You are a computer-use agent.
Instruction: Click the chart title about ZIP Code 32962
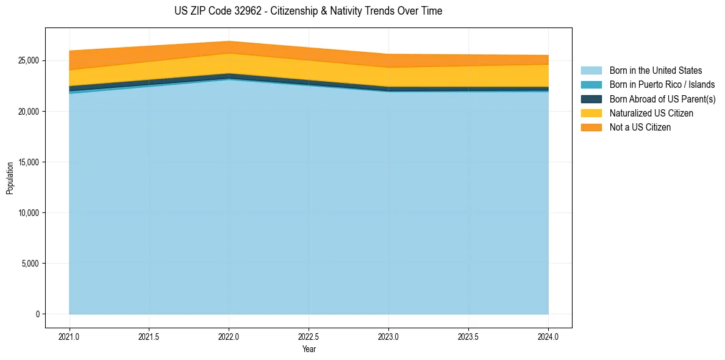pos(308,11)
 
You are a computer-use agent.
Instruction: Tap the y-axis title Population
pos(10,178)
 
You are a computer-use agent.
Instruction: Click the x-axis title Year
pos(309,349)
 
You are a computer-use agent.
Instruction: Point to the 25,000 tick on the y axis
pos(27,61)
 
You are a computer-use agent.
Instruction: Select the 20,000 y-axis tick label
pos(27,112)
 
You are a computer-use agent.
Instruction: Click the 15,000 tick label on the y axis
pos(27,162)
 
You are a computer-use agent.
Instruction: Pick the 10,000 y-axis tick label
pos(27,213)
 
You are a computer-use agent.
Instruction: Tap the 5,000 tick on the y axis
pos(29,264)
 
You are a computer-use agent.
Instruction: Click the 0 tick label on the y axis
pos(37,314)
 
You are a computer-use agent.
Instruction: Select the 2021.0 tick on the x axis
pos(70,336)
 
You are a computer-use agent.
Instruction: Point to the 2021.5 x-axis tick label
pos(149,336)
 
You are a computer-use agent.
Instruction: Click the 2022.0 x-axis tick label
pos(229,336)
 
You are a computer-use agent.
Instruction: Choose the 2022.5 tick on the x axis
pos(309,336)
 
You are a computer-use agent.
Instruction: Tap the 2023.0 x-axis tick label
pos(388,336)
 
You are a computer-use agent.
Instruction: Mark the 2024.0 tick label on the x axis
pos(548,336)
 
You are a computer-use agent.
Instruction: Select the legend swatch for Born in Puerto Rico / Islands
pos(591,85)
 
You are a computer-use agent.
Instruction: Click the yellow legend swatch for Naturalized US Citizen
pos(591,113)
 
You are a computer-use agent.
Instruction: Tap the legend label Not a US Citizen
pos(640,128)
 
